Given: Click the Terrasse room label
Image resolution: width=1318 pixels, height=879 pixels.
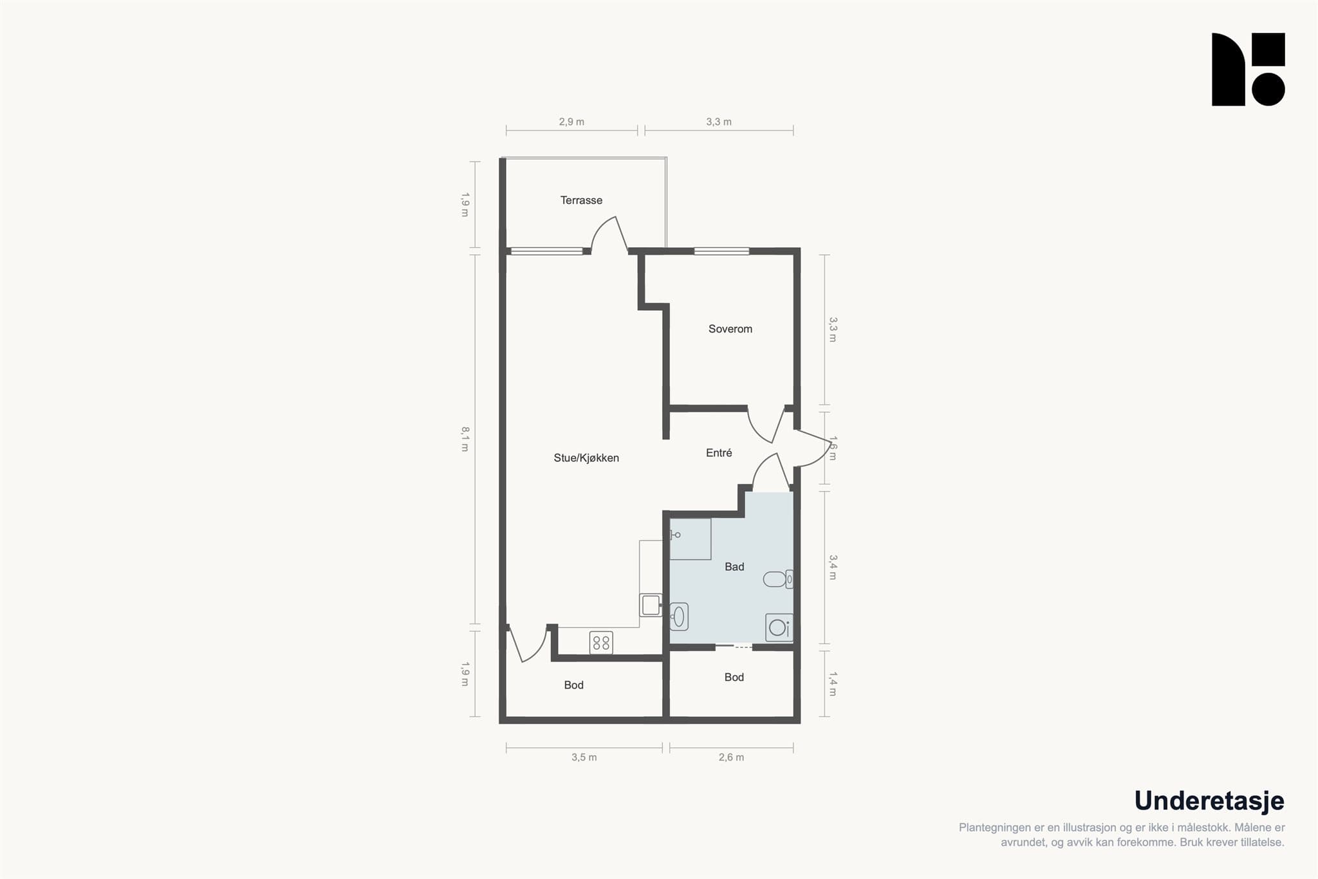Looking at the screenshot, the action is tap(581, 200).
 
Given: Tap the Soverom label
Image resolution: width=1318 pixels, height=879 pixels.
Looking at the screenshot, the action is tap(730, 329).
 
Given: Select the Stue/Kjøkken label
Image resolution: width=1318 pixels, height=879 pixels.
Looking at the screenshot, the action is tap(586, 458).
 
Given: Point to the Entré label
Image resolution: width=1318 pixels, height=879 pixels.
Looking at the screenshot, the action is tap(719, 453).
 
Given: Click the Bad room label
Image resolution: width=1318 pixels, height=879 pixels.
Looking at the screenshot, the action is tap(734, 567).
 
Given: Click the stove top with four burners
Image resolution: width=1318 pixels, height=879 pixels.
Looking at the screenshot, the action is tap(601, 642).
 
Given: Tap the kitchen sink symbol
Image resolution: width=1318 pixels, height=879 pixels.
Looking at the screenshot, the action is tap(651, 605).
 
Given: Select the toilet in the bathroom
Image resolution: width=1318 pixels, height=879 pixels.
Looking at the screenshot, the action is tap(778, 579).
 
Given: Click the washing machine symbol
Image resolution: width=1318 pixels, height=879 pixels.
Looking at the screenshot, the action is tap(779, 627).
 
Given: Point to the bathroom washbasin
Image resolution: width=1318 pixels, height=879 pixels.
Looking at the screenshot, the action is tap(679, 616).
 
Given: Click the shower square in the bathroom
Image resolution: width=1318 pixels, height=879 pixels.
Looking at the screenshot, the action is tap(690, 539).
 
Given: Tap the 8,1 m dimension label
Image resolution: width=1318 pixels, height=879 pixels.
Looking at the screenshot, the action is tap(465, 439).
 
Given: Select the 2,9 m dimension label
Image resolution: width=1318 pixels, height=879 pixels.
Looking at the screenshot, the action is tap(571, 122).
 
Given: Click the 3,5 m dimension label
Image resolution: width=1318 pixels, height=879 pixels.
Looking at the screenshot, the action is tap(584, 757).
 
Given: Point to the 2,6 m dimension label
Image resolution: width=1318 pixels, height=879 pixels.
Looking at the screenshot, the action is tap(731, 757).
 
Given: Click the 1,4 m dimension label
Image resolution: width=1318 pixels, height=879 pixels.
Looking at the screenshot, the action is tap(832, 684).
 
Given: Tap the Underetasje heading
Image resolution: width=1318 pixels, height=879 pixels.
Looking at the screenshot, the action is tap(1209, 801).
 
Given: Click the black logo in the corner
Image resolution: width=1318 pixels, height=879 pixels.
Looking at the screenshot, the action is tap(1248, 69).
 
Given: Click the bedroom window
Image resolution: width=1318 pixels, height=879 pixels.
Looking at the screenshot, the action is tap(721, 251).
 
